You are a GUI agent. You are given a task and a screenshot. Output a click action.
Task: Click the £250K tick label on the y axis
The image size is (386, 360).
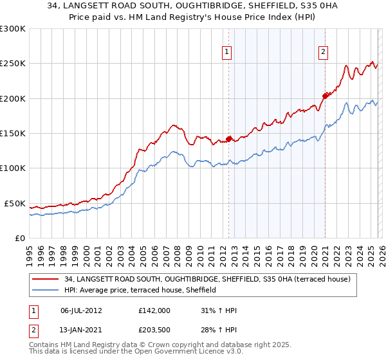(13, 64)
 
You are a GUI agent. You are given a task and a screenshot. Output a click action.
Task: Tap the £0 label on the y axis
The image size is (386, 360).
(20, 238)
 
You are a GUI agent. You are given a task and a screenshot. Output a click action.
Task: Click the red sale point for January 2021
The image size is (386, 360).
(325, 96)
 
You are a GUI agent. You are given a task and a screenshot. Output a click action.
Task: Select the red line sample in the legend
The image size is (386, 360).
(45, 279)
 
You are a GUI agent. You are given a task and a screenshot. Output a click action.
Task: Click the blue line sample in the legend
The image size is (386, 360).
(45, 291)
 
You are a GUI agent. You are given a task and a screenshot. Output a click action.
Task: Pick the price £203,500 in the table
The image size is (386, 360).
(154, 329)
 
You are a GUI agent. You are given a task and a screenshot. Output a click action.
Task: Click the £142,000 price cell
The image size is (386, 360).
(154, 310)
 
